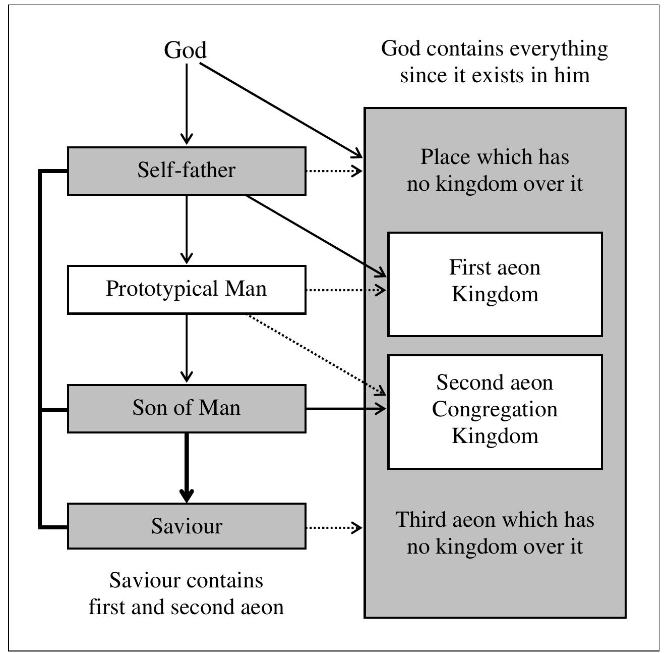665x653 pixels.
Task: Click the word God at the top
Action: tap(186, 50)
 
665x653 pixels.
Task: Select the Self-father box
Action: tap(187, 171)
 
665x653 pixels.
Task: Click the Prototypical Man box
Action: tap(187, 289)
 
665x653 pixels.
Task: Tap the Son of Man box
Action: tap(187, 408)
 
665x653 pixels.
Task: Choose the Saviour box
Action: tap(187, 526)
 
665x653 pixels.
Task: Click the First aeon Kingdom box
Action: tap(495, 284)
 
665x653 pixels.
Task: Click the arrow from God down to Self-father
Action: tap(187, 103)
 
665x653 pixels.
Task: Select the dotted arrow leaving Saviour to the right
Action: tap(334, 527)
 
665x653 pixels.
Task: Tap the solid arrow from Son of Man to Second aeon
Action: tap(345, 408)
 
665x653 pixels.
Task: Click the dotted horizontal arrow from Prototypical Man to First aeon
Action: tap(345, 290)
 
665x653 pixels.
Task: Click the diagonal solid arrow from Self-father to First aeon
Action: tap(315, 236)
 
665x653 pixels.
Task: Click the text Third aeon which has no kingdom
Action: tap(495, 533)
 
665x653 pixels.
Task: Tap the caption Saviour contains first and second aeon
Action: tap(186, 593)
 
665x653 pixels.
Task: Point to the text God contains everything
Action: tap(494, 62)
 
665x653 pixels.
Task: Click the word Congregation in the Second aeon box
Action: tap(495, 409)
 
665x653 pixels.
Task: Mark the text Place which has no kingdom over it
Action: tap(495, 170)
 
